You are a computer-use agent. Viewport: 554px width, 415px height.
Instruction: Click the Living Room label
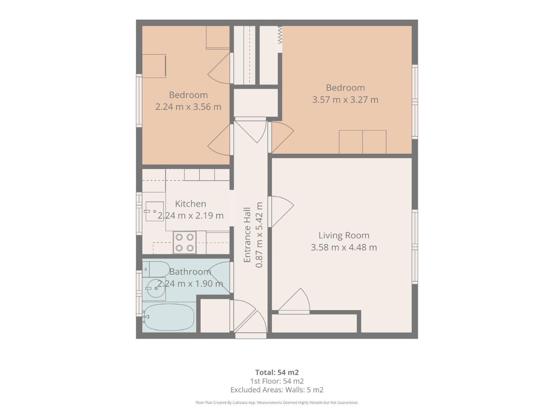click(x=344, y=235)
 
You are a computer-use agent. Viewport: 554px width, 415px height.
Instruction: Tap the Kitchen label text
click(x=190, y=204)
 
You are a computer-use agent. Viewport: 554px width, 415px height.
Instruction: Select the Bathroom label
click(x=190, y=272)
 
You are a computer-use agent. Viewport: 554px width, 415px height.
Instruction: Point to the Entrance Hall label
click(x=247, y=235)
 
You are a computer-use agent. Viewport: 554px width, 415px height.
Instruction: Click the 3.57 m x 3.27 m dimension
click(x=345, y=100)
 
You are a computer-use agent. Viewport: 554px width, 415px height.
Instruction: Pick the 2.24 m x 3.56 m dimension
click(x=188, y=107)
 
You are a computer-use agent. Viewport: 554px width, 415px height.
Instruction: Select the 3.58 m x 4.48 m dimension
click(x=344, y=247)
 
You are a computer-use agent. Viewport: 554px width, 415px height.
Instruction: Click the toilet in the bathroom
click(x=156, y=269)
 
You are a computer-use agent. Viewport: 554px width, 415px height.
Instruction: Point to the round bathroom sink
click(x=156, y=289)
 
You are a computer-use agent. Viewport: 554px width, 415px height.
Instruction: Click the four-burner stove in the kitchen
click(x=185, y=242)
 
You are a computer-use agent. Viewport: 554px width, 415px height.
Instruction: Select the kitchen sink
click(x=154, y=211)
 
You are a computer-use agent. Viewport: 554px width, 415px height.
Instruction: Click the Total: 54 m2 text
click(x=277, y=372)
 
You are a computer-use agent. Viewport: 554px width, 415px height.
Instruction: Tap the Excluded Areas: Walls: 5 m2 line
click(x=277, y=390)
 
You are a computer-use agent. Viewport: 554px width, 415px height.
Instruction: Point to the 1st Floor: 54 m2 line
click(x=277, y=381)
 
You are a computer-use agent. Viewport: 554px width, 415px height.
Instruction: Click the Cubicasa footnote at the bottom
click(x=277, y=403)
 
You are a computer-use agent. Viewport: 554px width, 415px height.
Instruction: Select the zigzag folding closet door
click(x=280, y=35)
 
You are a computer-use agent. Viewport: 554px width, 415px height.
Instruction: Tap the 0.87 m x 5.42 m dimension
click(x=259, y=235)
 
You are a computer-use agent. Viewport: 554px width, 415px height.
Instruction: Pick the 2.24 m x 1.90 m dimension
click(x=190, y=284)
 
